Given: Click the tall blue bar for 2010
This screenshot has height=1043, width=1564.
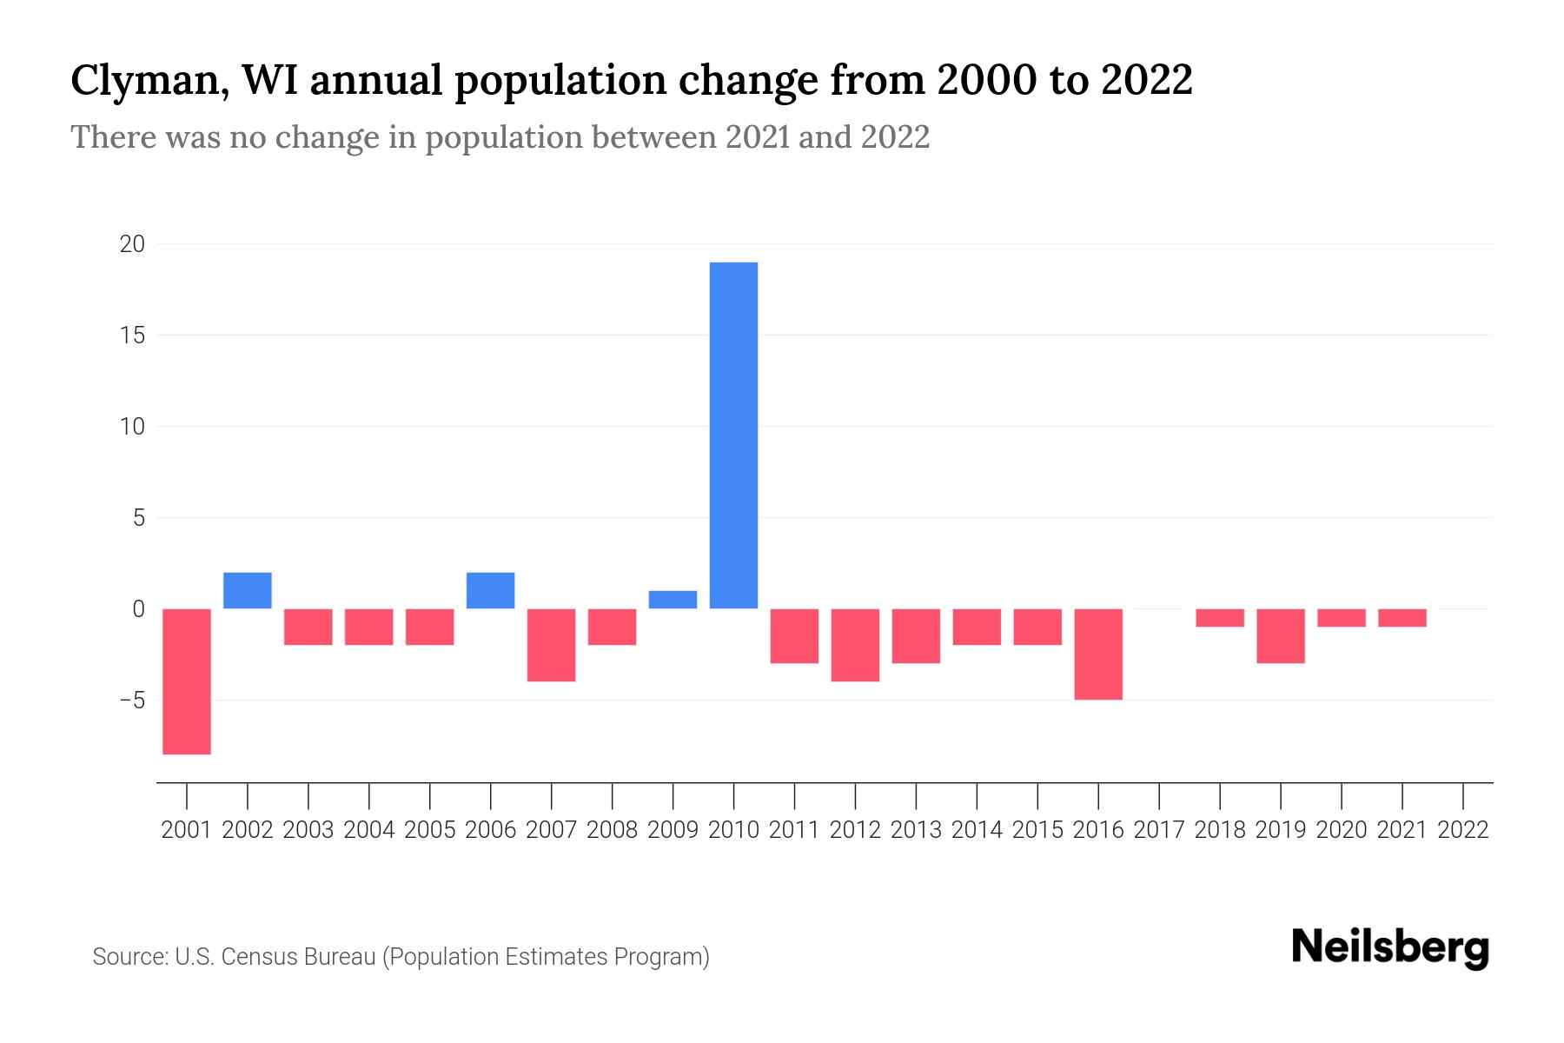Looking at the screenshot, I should pos(733,435).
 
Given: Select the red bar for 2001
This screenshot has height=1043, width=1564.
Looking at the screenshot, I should pos(187,681).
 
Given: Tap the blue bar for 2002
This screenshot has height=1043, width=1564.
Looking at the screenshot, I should pos(248,590).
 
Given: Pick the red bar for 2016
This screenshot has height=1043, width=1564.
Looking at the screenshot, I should pos(1098,654).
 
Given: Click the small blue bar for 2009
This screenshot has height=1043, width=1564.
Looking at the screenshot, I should pos(673,600).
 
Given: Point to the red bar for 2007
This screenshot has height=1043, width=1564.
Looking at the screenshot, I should pos(551,644).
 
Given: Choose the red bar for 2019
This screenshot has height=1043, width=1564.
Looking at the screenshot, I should pos(1281,635).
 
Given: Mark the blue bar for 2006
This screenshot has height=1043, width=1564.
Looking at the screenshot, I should pos(490,590).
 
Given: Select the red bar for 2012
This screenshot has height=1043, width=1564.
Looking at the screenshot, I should pos(855,644).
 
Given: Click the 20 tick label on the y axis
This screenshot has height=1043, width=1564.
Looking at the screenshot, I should pos(132,244).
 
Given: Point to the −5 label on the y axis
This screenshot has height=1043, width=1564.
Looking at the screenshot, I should pos(126,701).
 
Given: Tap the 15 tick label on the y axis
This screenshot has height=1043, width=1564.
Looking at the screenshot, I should pos(132,335).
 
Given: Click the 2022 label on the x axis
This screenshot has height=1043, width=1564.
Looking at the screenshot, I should pos(1463,830).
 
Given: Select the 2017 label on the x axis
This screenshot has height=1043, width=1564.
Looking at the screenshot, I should pos(1159,830).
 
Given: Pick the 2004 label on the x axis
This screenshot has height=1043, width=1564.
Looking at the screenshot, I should pos(369,830).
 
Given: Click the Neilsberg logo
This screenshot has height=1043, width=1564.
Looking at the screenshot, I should pos(1390,948).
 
